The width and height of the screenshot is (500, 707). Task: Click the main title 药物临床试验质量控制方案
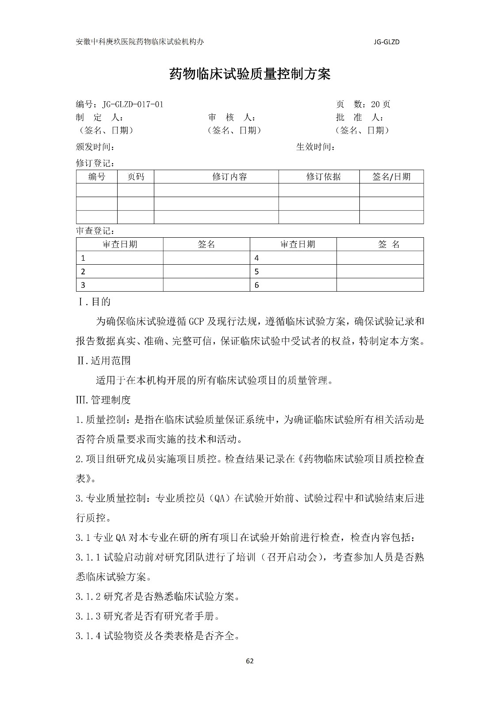pos(250,74)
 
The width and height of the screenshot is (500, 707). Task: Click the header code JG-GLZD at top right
pos(387,42)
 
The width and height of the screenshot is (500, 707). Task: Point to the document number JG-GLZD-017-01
pos(133,105)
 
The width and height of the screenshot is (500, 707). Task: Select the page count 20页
pos(381,105)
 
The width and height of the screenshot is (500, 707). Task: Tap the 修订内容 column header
pos(229,177)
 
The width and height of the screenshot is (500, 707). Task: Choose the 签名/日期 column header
pos(391,177)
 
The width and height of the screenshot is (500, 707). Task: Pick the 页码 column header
pos(135,177)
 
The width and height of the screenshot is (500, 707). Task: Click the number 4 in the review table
pos(257,258)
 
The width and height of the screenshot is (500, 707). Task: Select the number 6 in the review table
pos(257,285)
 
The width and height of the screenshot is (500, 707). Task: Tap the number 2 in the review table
pos(83,272)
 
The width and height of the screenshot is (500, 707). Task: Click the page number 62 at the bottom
pos(250,661)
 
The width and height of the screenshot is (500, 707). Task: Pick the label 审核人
pos(231,118)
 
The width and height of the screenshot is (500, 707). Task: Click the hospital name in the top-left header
pos(140,42)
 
